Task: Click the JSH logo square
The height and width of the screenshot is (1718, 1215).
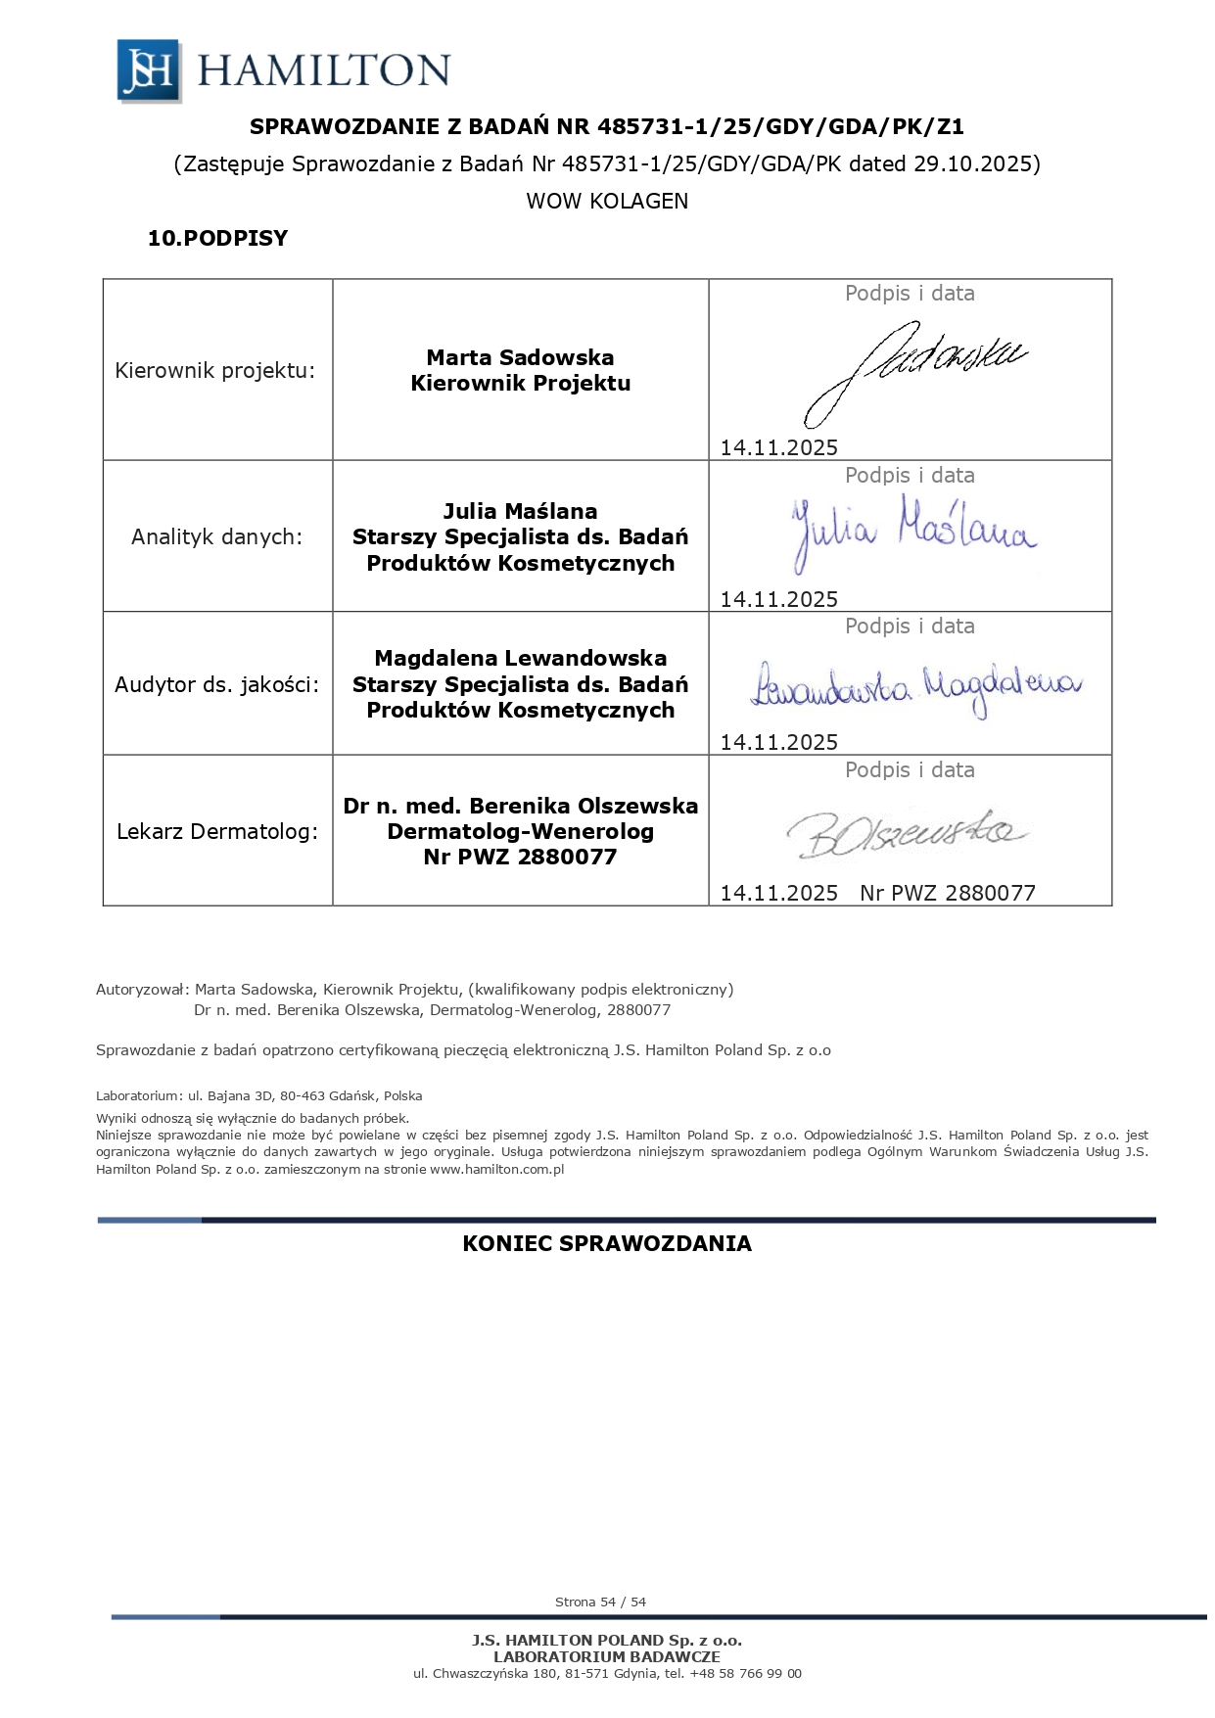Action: (x=148, y=70)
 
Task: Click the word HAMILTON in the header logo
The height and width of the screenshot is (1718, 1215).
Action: (x=324, y=70)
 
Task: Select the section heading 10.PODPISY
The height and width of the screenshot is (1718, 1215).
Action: (x=217, y=238)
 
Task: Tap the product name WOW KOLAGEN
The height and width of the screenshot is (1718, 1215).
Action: (x=607, y=201)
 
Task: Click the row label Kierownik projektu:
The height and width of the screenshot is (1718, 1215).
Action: (x=215, y=371)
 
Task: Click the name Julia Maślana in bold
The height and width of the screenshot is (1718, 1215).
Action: (x=520, y=511)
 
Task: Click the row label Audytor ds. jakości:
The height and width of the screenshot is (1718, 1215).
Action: (x=216, y=684)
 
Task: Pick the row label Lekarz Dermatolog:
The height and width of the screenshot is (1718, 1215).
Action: (x=217, y=832)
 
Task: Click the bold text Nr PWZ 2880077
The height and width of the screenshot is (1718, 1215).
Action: (x=520, y=858)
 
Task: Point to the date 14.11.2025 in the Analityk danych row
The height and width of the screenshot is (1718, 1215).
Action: (x=779, y=599)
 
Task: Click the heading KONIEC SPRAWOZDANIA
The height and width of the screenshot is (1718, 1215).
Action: (x=607, y=1243)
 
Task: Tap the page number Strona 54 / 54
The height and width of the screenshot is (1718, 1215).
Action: (x=600, y=1602)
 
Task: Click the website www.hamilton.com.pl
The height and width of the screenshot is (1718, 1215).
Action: (x=497, y=1169)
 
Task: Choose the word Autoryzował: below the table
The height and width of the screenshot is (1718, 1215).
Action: (x=142, y=989)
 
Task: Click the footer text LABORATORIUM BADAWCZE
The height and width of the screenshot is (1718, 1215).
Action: (x=607, y=1656)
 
